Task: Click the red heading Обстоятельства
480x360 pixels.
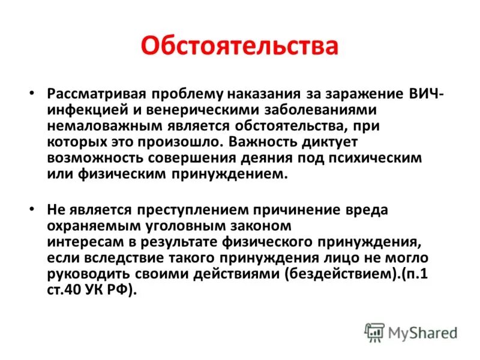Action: pos(240,46)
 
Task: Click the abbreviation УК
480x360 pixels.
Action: pos(99,290)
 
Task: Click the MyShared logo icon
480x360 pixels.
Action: pos(374,332)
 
